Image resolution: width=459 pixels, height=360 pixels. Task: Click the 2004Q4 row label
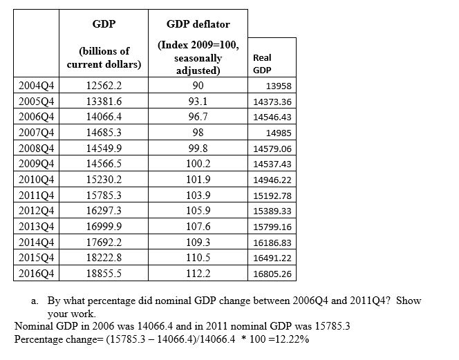(38, 86)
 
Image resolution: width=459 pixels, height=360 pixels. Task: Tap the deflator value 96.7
(198, 117)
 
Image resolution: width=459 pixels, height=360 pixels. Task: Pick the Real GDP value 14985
(279, 134)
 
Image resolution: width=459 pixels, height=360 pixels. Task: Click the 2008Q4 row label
(38, 149)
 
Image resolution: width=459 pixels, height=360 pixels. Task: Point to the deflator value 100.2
(198, 164)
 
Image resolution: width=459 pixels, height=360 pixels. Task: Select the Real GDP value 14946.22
(273, 180)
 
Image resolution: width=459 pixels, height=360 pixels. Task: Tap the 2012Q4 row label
(38, 211)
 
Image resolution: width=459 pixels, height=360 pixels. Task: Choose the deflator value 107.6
(198, 227)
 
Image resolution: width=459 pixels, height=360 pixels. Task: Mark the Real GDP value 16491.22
(273, 258)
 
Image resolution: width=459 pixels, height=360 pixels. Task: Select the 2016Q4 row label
(38, 273)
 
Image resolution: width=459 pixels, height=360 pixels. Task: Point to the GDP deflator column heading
(198, 24)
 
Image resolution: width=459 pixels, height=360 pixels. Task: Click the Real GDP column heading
(262, 64)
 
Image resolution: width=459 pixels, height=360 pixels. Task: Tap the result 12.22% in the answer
(294, 339)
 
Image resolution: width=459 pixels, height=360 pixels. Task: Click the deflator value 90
(198, 86)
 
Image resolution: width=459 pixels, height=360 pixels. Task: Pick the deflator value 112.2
(198, 273)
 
